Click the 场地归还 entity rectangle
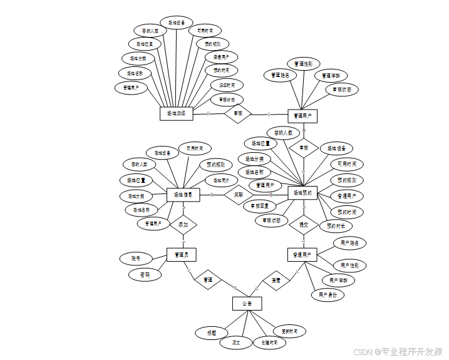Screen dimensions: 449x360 coord(176,113)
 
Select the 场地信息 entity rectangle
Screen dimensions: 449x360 coord(183,195)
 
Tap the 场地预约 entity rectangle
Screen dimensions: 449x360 coord(303,193)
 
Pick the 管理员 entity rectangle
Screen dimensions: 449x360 coord(182,254)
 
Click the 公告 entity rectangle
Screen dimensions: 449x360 coord(247,304)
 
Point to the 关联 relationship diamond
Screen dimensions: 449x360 coord(238,195)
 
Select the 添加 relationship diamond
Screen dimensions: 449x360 coord(183,224)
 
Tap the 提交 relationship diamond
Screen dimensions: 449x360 coord(304,224)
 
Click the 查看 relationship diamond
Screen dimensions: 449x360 coord(276,280)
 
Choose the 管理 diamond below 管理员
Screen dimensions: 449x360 coord(207,280)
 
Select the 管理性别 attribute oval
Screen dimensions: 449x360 coord(304,63)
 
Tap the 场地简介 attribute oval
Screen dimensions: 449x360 coord(222,180)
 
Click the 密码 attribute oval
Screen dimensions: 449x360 coord(144,274)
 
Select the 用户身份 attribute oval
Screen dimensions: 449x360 coord(328,294)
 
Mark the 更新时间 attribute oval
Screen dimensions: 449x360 coord(289,331)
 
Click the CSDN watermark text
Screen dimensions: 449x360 coord(398,352)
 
